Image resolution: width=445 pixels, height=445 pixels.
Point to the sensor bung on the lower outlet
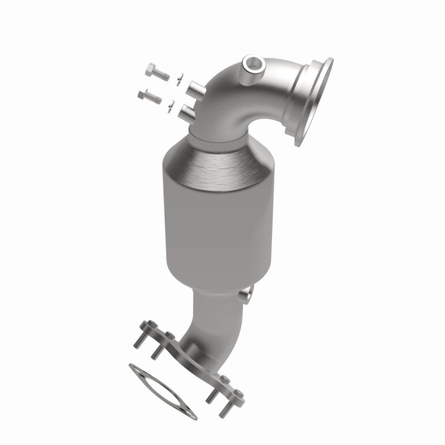click(x=245, y=294)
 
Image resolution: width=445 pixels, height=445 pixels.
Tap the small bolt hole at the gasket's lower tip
click(x=189, y=412)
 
